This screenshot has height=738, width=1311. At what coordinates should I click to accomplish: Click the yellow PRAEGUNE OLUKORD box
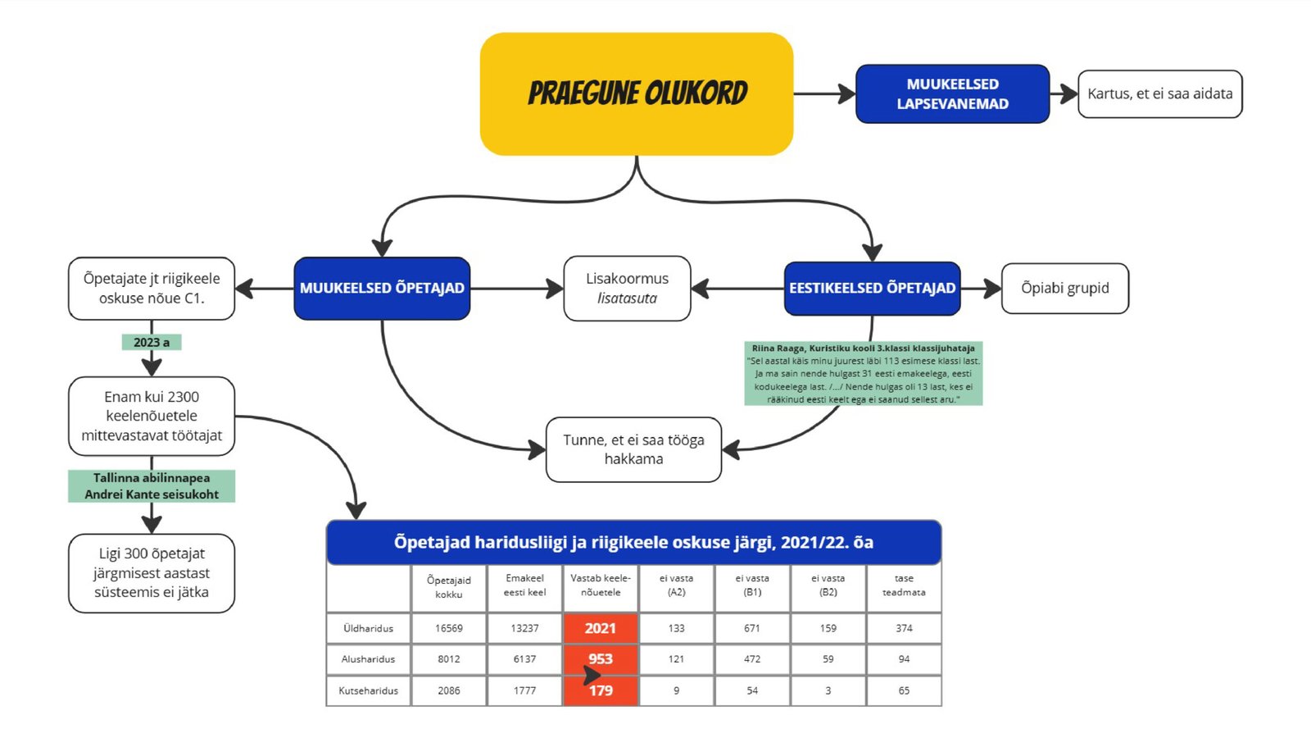(x=637, y=93)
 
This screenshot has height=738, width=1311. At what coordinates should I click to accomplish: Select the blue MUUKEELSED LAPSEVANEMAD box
(x=952, y=93)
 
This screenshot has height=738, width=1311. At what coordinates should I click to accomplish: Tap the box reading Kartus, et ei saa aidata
(x=1159, y=93)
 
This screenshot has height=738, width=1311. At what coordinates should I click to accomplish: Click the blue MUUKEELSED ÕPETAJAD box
(x=382, y=288)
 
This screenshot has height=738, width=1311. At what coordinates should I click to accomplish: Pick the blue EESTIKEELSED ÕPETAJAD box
(x=872, y=288)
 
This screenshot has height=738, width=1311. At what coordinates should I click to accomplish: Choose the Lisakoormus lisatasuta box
(x=627, y=288)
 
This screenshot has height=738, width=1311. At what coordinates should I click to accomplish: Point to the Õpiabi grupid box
(x=1064, y=288)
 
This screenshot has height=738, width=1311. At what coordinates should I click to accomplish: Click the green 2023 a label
(x=152, y=342)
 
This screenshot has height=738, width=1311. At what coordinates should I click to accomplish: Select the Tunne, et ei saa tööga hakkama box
(x=633, y=449)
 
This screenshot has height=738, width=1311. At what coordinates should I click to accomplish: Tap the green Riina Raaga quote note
(x=863, y=373)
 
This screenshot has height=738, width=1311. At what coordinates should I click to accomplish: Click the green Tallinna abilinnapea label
(x=152, y=485)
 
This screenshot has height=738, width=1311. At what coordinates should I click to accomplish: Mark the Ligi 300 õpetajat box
(x=152, y=572)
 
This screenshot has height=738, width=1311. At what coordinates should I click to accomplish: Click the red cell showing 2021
(x=600, y=628)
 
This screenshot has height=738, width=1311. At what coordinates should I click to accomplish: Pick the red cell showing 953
(x=600, y=658)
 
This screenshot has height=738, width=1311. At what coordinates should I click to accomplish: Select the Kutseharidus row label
(x=368, y=690)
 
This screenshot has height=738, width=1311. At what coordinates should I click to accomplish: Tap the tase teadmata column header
(x=904, y=585)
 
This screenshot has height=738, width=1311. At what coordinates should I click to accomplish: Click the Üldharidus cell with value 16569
(x=448, y=628)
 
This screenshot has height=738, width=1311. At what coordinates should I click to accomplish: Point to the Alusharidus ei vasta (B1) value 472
(x=752, y=658)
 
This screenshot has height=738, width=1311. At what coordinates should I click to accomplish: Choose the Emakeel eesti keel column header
(x=524, y=585)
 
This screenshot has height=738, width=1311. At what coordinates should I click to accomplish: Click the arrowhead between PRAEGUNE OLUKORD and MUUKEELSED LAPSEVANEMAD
(x=846, y=93)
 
